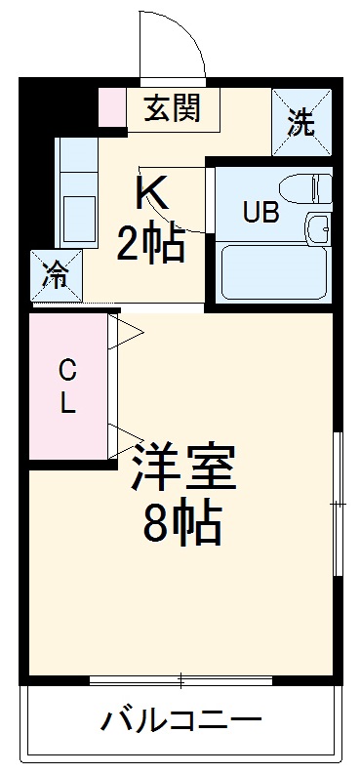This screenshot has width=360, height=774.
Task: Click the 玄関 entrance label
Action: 174,107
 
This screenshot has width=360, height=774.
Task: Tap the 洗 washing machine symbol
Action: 300,122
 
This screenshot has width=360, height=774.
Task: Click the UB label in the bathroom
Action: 260,213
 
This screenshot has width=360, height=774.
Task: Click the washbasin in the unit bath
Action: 318,228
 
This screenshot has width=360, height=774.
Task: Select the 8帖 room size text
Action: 182,526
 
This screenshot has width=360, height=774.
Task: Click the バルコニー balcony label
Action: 181,723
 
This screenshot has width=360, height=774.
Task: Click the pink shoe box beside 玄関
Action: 112,107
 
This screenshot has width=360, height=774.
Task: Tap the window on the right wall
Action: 337,503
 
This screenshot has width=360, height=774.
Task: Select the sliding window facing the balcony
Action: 180,679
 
